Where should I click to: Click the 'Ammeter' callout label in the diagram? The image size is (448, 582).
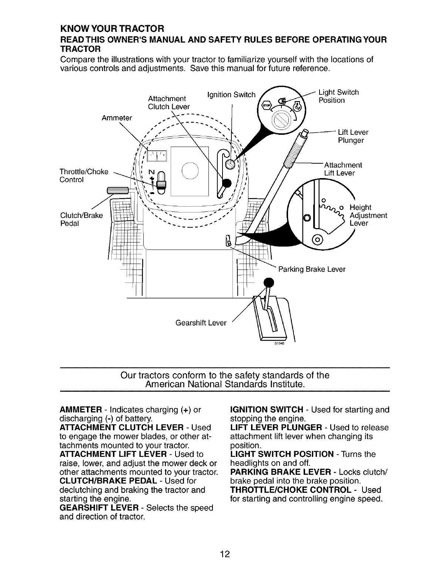117,118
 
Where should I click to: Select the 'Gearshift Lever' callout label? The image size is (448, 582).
201,323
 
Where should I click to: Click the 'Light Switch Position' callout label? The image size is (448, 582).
338,96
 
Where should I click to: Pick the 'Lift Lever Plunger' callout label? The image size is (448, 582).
353,136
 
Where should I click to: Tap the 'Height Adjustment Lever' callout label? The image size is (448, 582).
368,215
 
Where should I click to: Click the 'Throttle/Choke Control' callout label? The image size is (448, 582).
84,176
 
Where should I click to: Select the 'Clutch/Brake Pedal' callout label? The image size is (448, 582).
81,220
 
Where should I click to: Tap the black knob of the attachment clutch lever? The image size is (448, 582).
226,183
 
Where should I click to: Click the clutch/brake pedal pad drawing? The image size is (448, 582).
117,191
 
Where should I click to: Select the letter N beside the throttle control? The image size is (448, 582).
151,172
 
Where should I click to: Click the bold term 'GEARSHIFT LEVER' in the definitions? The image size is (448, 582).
99,508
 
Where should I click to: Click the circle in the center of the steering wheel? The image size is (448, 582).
190,171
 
